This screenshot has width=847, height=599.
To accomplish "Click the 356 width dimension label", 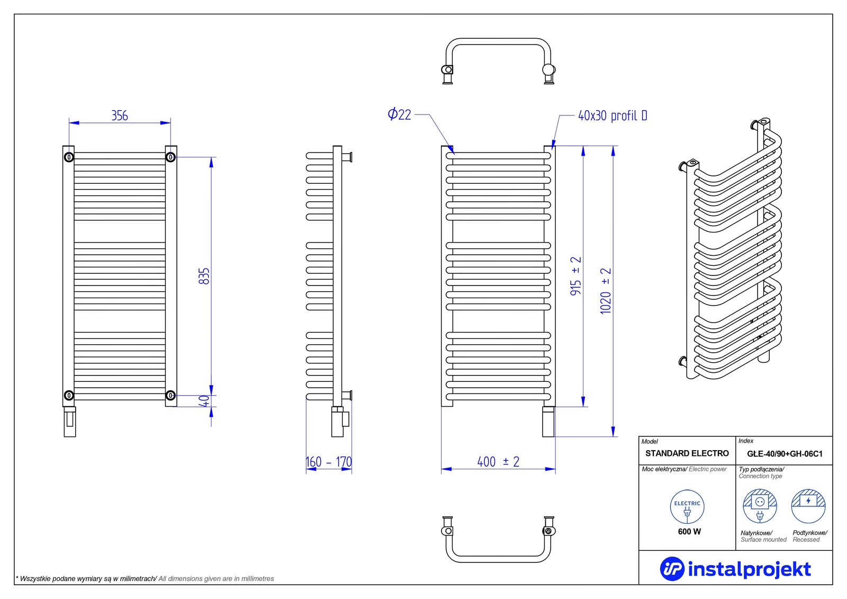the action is point(120,115).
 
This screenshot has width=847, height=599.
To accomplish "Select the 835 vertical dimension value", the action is point(204,276).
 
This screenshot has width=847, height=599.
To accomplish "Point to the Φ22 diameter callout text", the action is point(399,114).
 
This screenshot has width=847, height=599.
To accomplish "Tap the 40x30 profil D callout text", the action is point(612,116).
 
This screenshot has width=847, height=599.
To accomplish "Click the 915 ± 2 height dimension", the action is point(575,276).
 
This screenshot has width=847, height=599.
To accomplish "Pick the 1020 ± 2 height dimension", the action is point(606,291).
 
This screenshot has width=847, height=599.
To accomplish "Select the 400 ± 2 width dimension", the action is point(498,462).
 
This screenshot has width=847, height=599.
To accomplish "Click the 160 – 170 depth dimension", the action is point(329,462).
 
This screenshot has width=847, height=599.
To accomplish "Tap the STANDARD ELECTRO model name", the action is point(687,453).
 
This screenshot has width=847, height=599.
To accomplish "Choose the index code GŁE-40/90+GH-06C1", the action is point(785,454).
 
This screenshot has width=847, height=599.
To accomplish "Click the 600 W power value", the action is point(689,532).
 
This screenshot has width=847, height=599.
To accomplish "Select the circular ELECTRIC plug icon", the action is point(687,507).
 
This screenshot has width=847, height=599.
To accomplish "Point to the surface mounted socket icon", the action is point(760,506).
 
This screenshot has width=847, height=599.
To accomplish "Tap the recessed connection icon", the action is point(808,506).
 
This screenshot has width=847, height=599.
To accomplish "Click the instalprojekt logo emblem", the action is point(672,569).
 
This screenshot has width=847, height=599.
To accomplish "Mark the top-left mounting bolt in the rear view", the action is point(69,157).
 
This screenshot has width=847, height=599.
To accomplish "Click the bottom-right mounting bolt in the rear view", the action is point(170,396).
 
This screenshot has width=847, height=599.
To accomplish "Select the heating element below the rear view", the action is point(69,422).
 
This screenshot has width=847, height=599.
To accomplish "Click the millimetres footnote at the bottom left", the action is point(145,578).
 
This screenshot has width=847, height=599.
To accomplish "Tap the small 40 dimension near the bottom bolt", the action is point(204,401).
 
